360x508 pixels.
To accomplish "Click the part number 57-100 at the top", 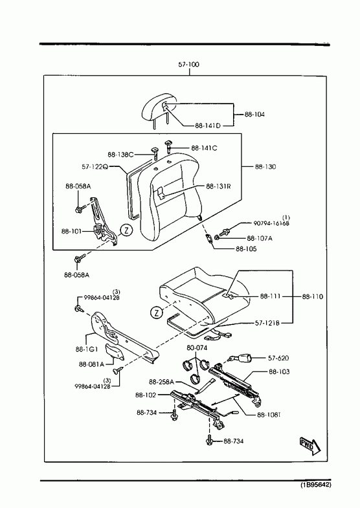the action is [188, 65].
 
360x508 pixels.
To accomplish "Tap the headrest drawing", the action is [159, 109].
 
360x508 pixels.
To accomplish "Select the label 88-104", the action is [254, 115].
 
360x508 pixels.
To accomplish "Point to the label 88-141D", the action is [208, 126].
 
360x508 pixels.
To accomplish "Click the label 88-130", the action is [265, 167].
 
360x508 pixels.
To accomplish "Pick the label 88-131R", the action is [218, 186].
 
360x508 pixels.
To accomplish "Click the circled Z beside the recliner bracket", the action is [126, 230].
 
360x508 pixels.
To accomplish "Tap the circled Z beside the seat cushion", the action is [157, 313].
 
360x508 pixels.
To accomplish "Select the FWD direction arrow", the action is [309, 447].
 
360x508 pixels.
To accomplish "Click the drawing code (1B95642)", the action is [315, 485].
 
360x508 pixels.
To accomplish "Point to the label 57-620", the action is [278, 358].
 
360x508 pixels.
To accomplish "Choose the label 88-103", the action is [279, 371].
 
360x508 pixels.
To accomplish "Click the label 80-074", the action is [197, 348].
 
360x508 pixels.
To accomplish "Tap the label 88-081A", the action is [91, 364].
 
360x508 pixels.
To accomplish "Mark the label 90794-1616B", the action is [271, 223].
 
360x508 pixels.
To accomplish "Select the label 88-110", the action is [312, 296].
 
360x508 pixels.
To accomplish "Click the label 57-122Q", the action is [95, 167].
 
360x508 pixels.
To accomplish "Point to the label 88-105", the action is [246, 248].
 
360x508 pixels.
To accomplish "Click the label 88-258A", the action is [161, 382].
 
